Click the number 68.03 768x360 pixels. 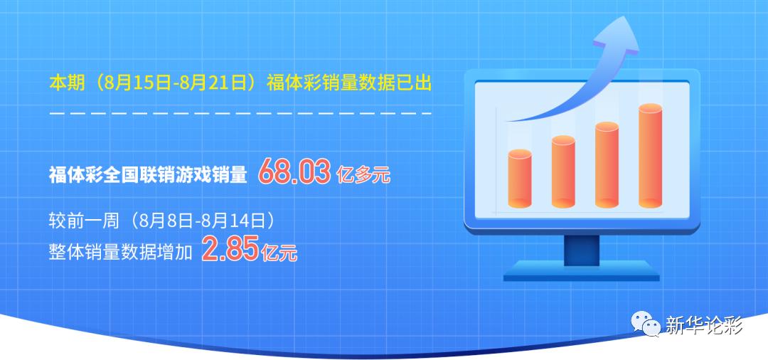point(294,172)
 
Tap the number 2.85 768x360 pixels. point(230,250)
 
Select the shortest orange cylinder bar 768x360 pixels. point(520,179)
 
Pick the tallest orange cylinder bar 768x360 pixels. point(650,156)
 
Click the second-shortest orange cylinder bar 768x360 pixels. point(563,171)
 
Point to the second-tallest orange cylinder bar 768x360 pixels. point(607,164)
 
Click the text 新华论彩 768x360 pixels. point(703,326)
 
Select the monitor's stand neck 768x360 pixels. point(581,248)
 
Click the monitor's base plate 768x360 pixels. point(581,270)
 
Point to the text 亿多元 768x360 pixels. point(363,174)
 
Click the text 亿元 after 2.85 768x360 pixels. point(279,253)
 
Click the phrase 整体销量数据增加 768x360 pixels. point(121,252)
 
